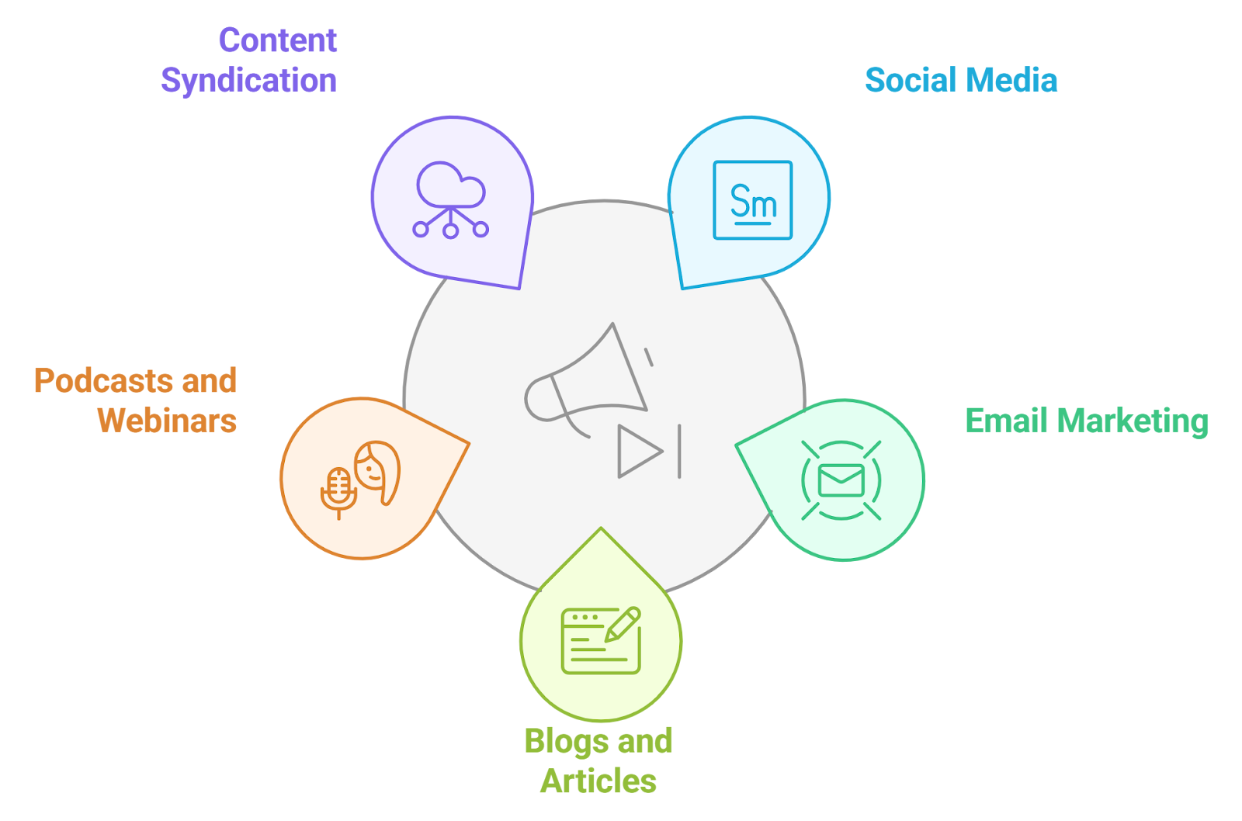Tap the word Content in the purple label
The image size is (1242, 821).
pos(277,40)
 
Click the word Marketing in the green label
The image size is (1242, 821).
pos(1133,421)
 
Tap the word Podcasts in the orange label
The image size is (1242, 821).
pos(103,381)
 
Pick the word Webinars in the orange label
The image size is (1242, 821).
pos(167,421)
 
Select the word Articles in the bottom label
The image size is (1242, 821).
pos(598,781)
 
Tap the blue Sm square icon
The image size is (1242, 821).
pos(752,200)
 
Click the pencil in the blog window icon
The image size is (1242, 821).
pos(623,624)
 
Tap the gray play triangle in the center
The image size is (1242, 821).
pos(638,451)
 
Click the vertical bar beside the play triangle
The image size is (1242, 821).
pos(679,451)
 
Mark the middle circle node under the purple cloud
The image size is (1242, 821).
pos(450,230)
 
